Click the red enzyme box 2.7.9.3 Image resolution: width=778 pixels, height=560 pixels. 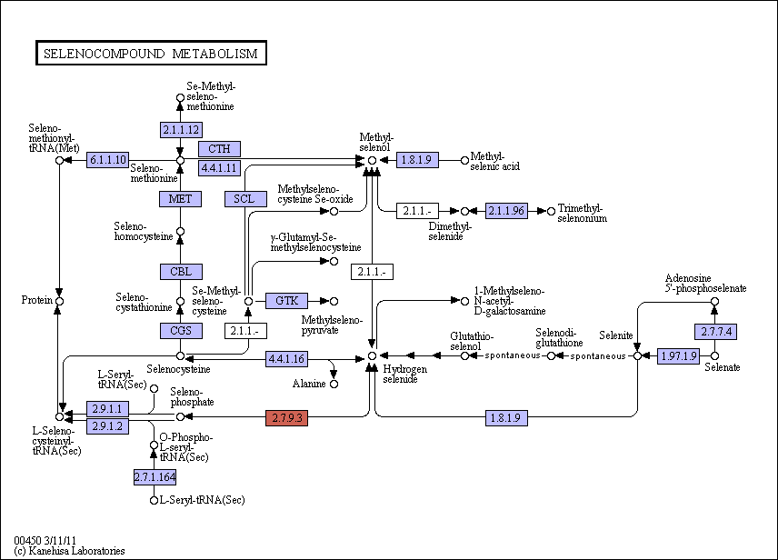(287, 417)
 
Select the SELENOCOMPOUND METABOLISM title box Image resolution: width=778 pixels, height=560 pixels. (152, 53)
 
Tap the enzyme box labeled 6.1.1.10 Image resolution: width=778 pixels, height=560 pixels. (107, 160)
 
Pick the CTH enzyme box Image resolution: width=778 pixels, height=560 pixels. (219, 149)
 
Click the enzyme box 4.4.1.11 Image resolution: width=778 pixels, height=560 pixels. (219, 168)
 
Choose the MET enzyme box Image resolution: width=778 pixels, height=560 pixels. (180, 199)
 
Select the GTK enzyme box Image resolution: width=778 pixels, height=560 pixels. (287, 300)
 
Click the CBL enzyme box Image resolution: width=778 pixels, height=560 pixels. (181, 272)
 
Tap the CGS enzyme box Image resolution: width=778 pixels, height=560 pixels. (181, 330)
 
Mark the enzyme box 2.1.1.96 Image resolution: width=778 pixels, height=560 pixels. (506, 211)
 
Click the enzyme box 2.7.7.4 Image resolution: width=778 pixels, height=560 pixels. (715, 331)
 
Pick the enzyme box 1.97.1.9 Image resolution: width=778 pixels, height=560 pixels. (678, 356)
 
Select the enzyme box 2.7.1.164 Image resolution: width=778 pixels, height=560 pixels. (155, 477)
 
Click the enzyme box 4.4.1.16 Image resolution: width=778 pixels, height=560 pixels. (287, 358)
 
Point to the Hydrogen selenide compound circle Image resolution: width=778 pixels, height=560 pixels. (372, 356)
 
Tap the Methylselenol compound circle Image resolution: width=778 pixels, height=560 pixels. (372, 160)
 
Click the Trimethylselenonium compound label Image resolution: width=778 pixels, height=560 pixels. (582, 213)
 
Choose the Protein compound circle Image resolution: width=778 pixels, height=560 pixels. (60, 301)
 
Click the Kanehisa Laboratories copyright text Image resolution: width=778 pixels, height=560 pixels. (69, 551)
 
